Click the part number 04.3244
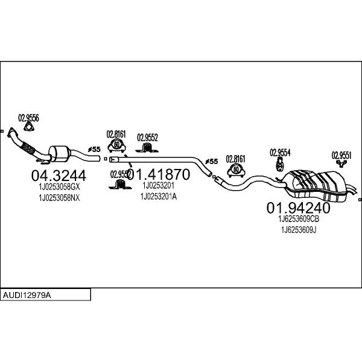coord(58,176)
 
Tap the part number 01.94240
coord(298,208)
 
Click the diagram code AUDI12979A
coord(27,295)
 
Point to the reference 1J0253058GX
coord(59,188)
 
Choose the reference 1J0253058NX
coord(59,198)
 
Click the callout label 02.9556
coord(28,118)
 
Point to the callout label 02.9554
coord(280,152)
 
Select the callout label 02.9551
coord(341,154)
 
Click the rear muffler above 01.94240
coord(317,184)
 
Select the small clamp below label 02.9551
coord(342,164)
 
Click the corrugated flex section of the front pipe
coord(27,147)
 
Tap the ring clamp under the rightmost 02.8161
coord(235,170)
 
